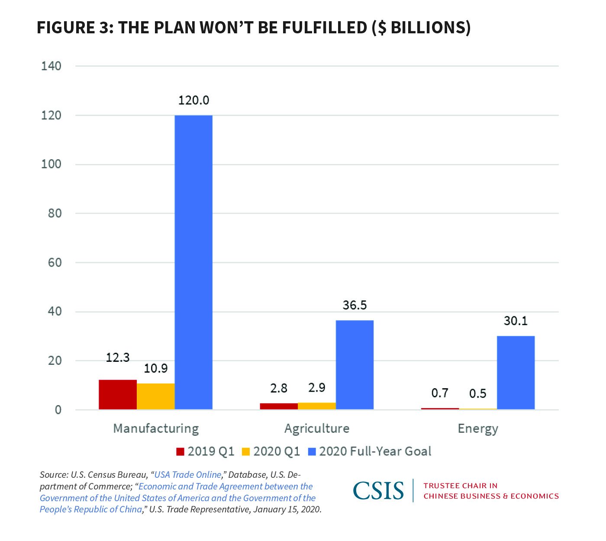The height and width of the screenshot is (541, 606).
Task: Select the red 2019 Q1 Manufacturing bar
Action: tap(118, 395)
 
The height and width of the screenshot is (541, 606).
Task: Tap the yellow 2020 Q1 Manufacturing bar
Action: tap(156, 396)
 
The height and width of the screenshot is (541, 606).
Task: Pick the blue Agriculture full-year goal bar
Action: tap(355, 365)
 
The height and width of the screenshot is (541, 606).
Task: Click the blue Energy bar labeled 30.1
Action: tap(516, 373)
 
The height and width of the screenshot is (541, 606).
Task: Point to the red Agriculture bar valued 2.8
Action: tap(279, 406)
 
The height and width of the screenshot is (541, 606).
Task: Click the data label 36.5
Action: tap(355, 305)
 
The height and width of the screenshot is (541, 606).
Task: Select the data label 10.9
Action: tap(156, 368)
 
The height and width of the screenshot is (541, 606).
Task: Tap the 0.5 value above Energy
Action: tap(477, 393)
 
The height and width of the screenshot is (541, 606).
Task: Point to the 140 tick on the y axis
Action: tap(51, 66)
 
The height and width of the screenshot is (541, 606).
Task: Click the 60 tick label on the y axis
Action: tap(55, 263)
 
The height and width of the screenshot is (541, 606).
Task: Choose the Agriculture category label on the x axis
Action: tap(317, 428)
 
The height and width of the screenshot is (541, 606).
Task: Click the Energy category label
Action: tap(478, 428)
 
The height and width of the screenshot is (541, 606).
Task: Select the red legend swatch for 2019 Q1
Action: tap(181, 452)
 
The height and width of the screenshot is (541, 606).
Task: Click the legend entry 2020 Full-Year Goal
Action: tap(375, 451)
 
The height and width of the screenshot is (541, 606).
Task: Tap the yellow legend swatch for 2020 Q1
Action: tap(246, 452)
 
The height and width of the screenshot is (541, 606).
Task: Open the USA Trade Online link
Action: tap(188, 475)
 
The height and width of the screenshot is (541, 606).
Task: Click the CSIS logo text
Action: tap(378, 491)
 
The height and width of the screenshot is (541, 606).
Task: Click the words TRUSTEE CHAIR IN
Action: tap(461, 486)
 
